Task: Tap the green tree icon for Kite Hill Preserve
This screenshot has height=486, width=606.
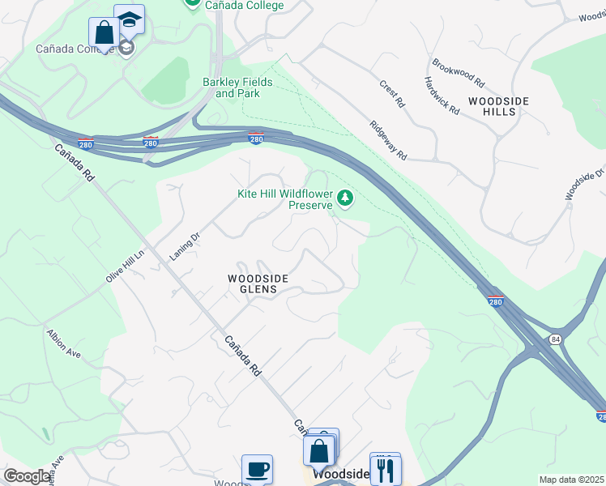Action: click(x=346, y=198)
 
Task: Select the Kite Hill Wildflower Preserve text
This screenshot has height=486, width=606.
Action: click(x=285, y=199)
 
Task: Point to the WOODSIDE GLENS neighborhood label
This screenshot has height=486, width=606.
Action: click(x=258, y=283)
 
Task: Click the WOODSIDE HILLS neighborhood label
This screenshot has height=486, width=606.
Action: click(x=498, y=106)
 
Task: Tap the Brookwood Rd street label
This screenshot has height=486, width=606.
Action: click(x=459, y=73)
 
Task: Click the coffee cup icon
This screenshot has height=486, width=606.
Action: click(x=258, y=469)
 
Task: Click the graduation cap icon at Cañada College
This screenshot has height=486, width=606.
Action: click(x=128, y=19)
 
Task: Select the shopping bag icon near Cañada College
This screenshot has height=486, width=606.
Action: click(x=104, y=33)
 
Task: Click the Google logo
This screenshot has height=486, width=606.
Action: click(x=28, y=476)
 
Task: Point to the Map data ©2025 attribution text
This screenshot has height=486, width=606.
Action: click(x=571, y=480)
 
